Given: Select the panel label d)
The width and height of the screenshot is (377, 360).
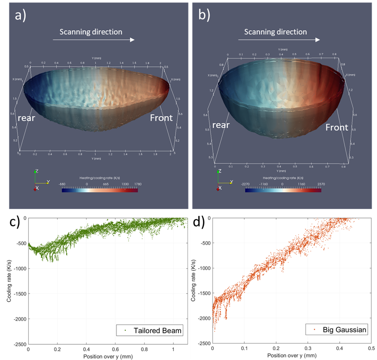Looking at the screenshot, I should tap(197, 224).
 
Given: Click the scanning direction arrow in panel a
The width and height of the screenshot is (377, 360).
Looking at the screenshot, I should tap(94, 40).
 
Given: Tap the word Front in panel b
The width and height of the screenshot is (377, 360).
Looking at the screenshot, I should tap(337, 127).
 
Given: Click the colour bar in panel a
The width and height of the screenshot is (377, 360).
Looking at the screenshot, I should tap(100, 190).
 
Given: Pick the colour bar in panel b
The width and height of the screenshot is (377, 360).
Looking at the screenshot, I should tap(283, 190).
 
